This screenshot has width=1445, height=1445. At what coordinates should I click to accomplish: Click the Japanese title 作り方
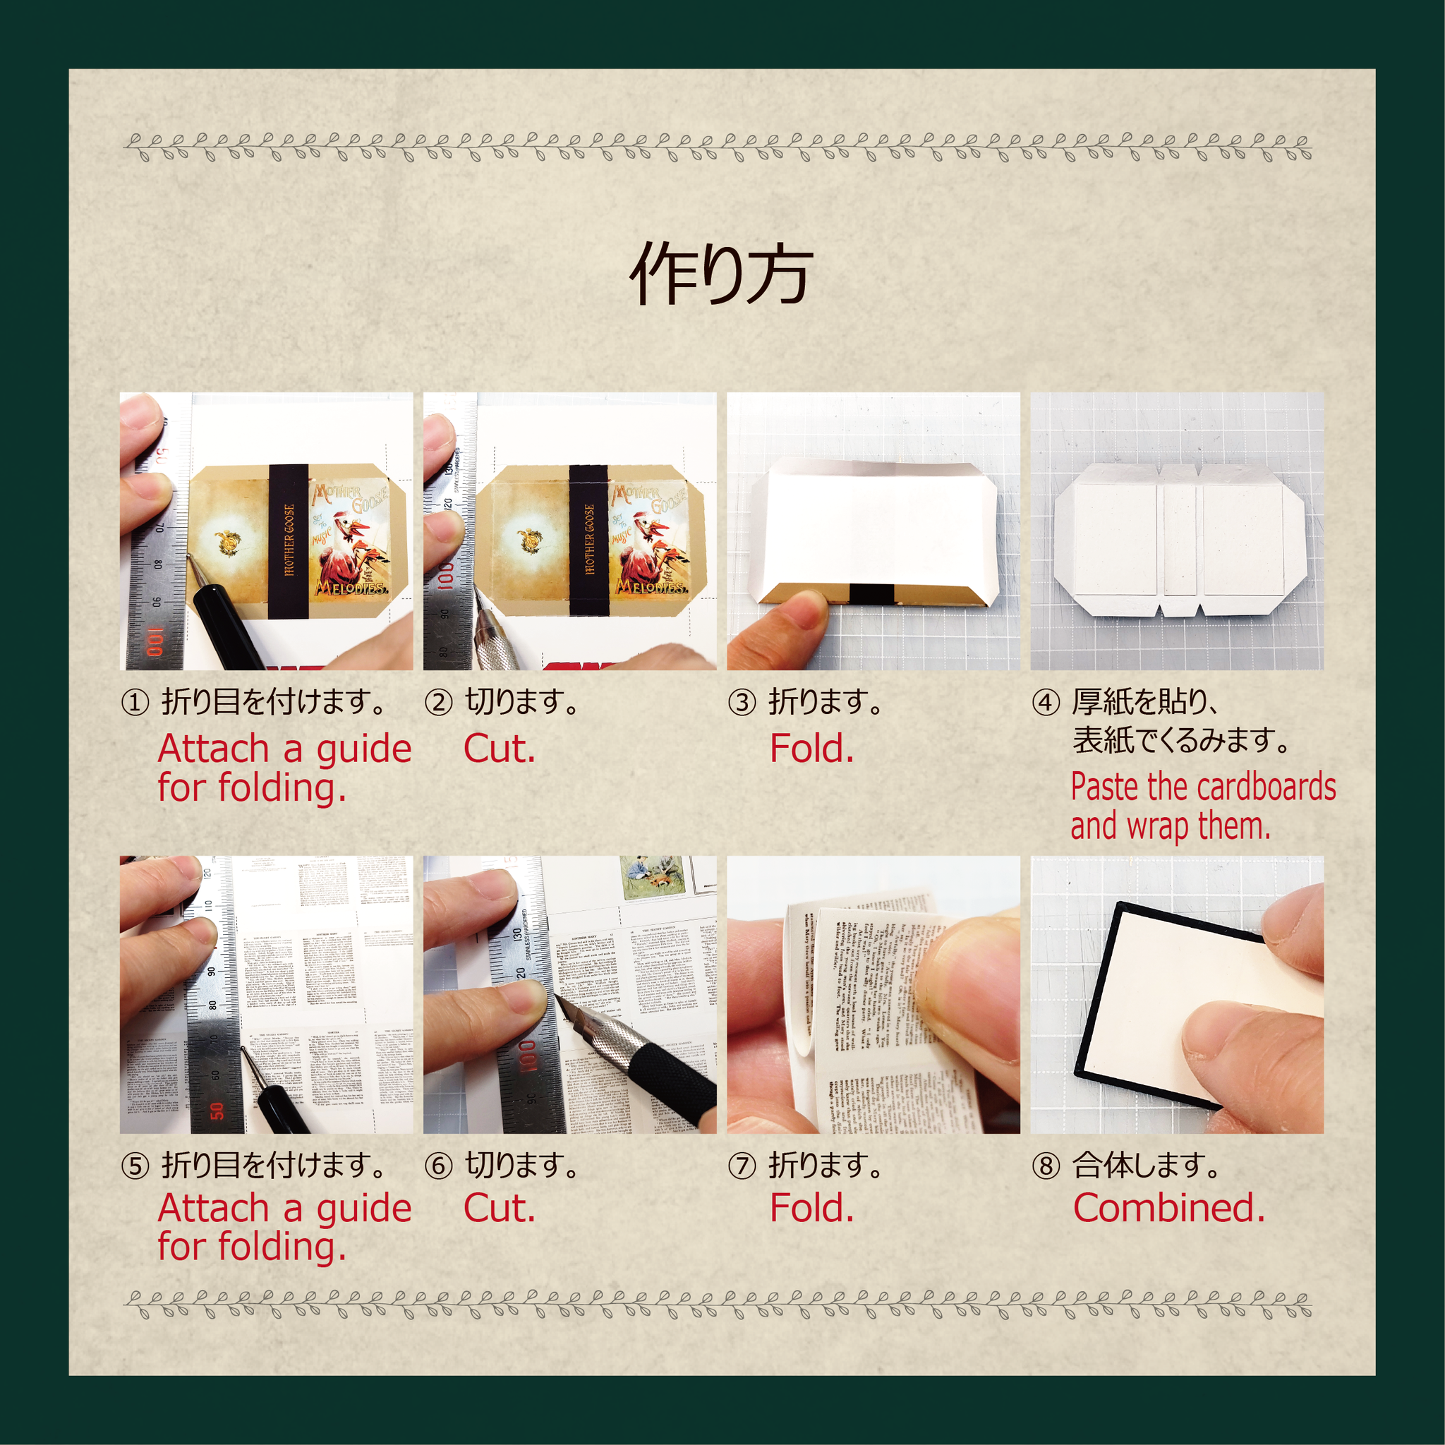721,274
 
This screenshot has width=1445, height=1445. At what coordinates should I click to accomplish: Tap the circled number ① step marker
135,703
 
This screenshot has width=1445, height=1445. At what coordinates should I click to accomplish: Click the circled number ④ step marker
1046,703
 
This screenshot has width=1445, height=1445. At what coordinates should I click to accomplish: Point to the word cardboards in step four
1270,787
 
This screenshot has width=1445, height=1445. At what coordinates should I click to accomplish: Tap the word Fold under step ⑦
811,1208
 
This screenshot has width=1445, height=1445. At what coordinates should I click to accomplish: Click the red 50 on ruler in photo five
217,1110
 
